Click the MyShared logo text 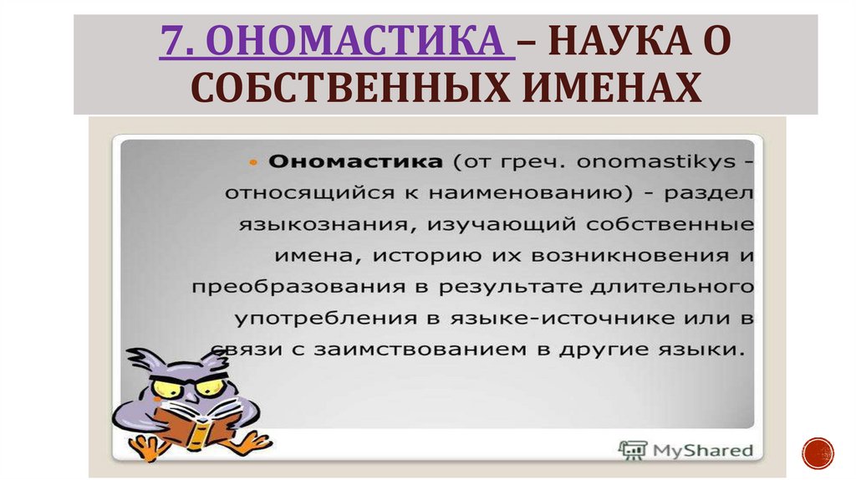tap(706, 450)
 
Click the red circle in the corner tap(818, 452)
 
